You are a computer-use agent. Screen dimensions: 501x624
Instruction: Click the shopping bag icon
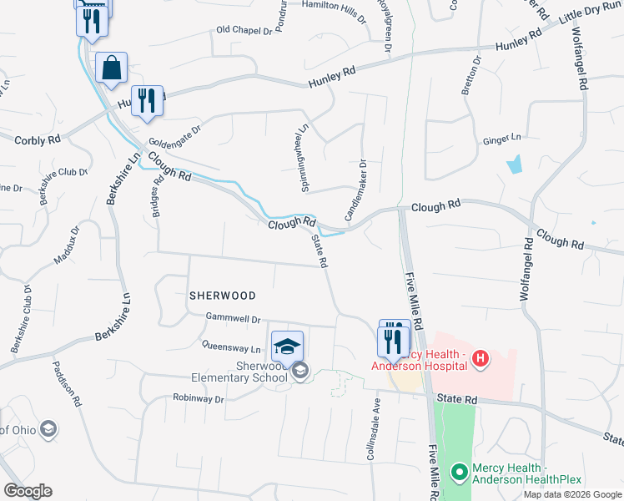coord(111,68)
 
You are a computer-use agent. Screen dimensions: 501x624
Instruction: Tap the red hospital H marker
coord(480,359)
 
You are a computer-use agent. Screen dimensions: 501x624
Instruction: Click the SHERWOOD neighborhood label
coord(222,296)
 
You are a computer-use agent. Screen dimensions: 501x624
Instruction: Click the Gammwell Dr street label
coord(234,319)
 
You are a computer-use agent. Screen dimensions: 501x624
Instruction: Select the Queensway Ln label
coord(225,346)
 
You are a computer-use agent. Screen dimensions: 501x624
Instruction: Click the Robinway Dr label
coord(199,399)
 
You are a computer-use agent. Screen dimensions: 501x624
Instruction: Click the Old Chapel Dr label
coord(244,30)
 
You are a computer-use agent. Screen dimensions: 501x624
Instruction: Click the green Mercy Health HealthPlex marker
coord(458,473)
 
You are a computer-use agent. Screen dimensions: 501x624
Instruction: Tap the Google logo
coord(28,491)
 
